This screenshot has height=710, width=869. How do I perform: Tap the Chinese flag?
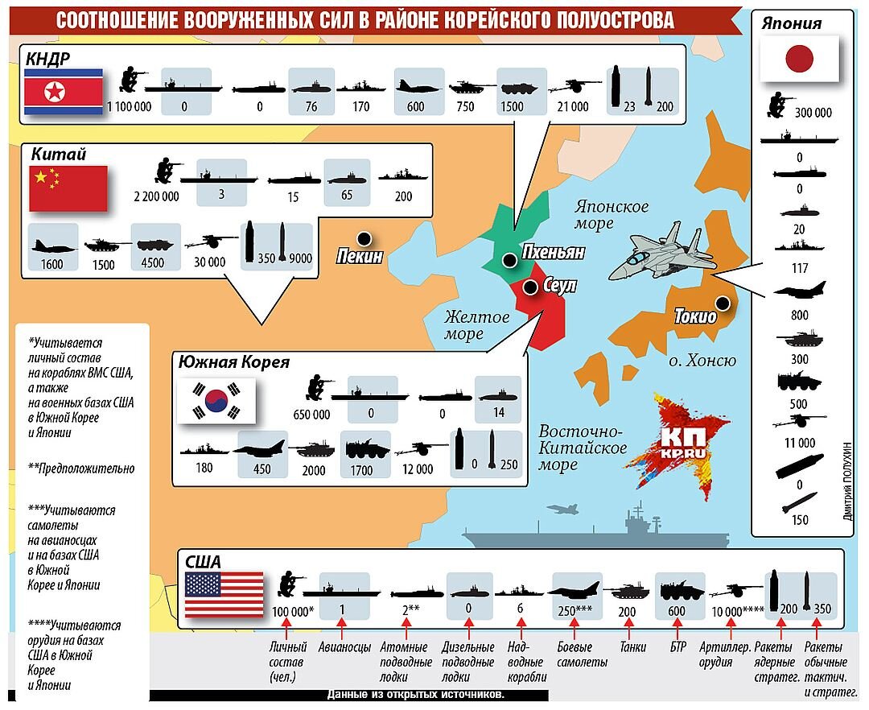coord(68,188)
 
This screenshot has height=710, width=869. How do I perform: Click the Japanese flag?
coord(800,60)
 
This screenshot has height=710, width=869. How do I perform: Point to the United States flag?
coord(224,594)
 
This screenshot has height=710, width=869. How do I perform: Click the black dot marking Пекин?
coord(364,238)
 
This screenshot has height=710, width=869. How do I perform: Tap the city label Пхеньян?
coord(553,253)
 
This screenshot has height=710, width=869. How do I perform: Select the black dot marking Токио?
coord(723,303)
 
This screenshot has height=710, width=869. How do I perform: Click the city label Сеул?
coord(560,287)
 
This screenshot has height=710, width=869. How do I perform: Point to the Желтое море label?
coord(477,325)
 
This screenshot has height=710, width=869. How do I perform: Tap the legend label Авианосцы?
coord(344,647)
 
